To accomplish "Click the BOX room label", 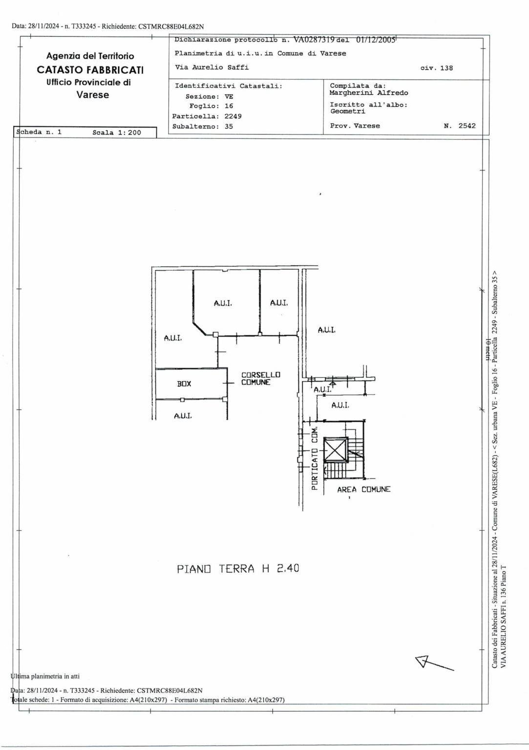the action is (184, 384).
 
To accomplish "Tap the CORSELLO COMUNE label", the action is (261, 378).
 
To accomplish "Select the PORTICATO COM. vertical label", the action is (314, 459).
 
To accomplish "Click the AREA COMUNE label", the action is (363, 490).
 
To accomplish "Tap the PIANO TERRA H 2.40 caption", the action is (238, 569).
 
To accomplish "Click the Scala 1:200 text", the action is (117, 132).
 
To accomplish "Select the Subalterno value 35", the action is (229, 127).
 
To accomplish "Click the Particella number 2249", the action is (233, 116).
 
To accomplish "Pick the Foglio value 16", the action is (229, 106).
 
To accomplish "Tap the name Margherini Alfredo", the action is (369, 93).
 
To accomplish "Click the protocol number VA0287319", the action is (315, 40).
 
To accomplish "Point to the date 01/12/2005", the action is (376, 40).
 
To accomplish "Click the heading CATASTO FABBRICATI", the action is (90, 70).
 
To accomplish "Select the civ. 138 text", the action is (437, 68).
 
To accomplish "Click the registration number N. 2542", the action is (459, 126).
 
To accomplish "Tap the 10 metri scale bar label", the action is (488, 349).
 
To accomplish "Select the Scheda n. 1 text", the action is (39, 132).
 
